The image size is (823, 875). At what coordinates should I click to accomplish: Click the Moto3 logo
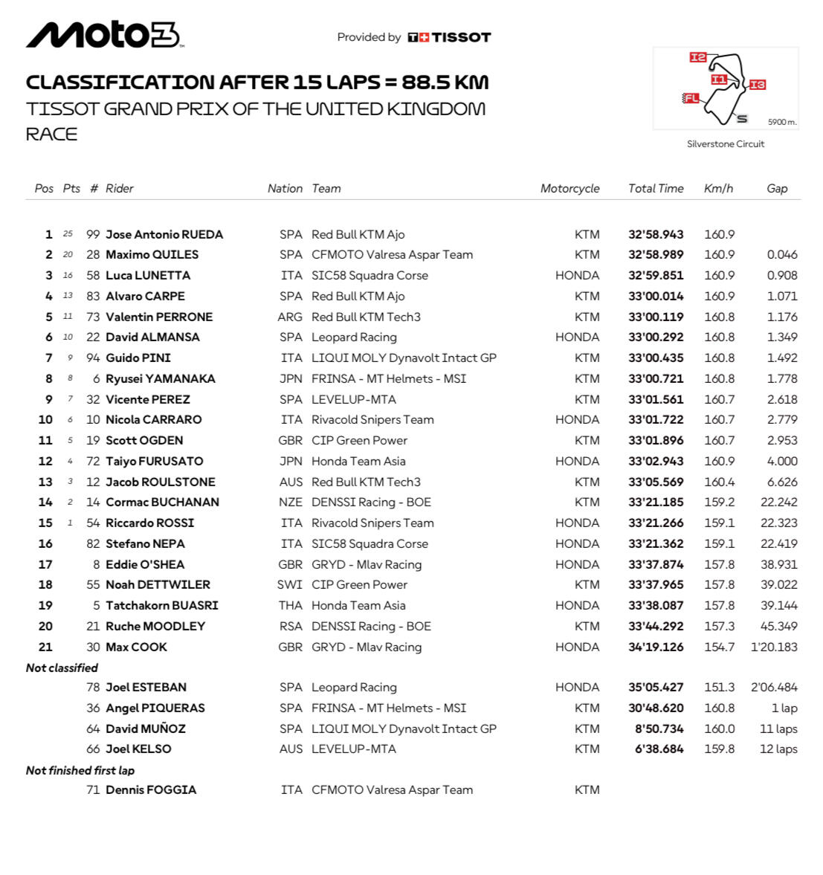coord(103,34)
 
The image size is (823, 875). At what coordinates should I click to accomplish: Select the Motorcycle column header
coord(569,189)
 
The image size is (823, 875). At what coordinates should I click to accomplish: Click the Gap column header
coord(777,189)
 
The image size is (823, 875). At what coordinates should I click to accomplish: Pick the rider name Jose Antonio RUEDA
coord(164,234)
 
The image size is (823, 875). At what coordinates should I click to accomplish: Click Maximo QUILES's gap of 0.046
coord(782,255)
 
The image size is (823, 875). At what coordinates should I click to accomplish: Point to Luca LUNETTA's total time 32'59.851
coord(656,275)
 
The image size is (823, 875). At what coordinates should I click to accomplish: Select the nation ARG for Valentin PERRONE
coord(290,317)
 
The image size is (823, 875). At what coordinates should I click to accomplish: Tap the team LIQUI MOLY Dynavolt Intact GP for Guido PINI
coord(404,358)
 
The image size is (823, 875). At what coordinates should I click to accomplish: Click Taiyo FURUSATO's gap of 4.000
coord(782,461)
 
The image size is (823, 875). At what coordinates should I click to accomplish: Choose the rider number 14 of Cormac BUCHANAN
coord(93,503)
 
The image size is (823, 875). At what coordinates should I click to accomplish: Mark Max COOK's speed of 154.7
coord(719,647)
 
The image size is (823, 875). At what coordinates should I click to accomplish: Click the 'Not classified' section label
coord(62,668)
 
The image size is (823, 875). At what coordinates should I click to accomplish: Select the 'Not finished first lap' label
coord(80,770)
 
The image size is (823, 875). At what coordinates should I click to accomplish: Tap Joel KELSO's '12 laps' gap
coord(778,749)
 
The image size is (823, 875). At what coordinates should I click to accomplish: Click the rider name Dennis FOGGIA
coord(151,790)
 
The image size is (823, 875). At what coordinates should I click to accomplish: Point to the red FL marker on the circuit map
coord(691,98)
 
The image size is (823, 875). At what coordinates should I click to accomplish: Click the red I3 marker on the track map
coord(757,85)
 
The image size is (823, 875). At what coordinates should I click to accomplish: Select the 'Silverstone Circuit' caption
coord(726,144)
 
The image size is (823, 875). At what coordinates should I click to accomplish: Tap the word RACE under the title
coord(52,135)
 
